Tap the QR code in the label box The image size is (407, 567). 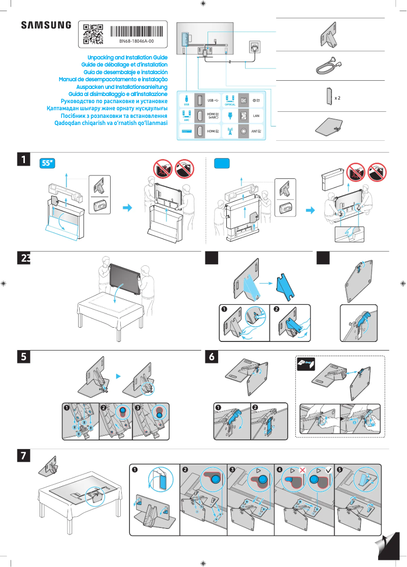pos(93,34)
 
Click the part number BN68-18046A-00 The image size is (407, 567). pos(137,41)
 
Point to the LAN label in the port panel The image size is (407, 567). pos(256,116)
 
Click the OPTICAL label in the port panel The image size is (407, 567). pos(230,104)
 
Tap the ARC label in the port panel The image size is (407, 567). pos(186,120)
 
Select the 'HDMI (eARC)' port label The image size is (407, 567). pos(213,116)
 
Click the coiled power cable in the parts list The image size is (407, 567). pos(325,66)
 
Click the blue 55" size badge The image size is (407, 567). pos(47,163)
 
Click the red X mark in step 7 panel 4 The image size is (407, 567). pos(302,471)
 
